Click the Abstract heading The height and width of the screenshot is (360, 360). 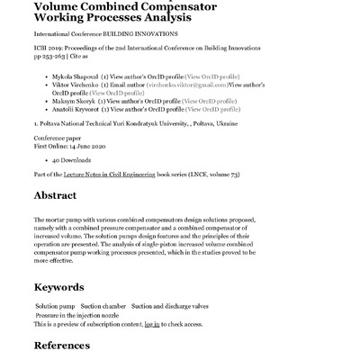point(60,195)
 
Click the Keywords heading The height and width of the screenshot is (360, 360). point(65,288)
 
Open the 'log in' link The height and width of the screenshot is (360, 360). point(152,324)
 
